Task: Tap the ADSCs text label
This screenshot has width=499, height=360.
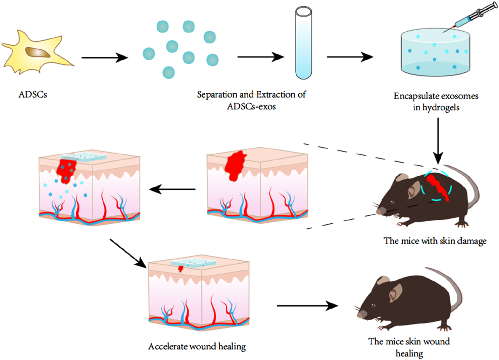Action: coord(33,95)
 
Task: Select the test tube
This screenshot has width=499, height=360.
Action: coord(303,44)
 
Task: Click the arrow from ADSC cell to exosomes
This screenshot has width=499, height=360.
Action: coord(104,58)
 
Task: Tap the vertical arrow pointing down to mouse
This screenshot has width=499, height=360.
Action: coord(438,141)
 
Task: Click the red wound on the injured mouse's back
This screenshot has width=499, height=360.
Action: coord(438,188)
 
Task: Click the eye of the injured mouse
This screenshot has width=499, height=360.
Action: coord(392,202)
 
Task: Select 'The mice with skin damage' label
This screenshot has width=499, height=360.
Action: coord(435,241)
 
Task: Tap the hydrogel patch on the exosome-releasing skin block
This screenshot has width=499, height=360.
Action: coord(84,157)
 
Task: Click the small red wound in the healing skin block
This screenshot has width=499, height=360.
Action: coord(181,269)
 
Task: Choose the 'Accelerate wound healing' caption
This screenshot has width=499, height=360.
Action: coord(197,347)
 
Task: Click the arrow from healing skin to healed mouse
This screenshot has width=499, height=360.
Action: coord(307,306)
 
